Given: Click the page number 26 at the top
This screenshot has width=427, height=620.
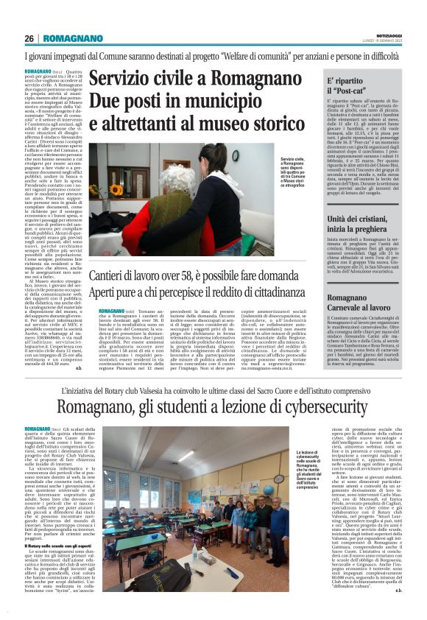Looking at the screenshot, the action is pyautogui.click(x=29, y=38).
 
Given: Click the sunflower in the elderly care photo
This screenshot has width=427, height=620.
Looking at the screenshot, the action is pyautogui.click(x=115, y=189).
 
